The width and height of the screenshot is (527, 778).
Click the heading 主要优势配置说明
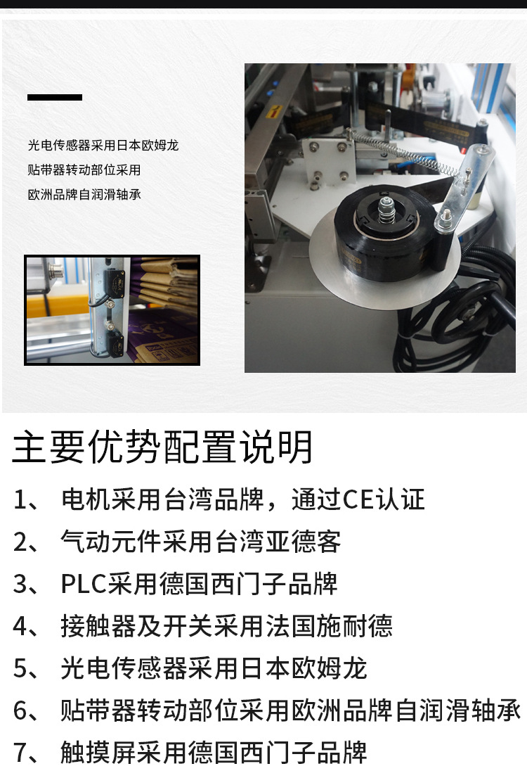pyautogui.click(x=162, y=447)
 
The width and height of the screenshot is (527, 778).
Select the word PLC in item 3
pyautogui.click(x=84, y=584)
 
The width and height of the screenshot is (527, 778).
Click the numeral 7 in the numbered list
pyautogui.click(x=21, y=753)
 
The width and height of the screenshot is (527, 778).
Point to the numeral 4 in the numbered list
pyautogui.click(x=21, y=626)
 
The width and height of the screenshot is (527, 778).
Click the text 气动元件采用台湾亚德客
pyautogui.click(x=201, y=542)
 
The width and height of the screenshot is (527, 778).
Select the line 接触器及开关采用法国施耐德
pyautogui.click(x=226, y=625)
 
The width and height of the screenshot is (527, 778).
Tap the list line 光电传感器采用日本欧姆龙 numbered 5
pyautogui.click(x=214, y=668)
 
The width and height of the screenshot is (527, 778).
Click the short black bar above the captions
pyautogui.click(x=55, y=97)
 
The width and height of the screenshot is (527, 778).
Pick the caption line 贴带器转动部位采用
pyautogui.click(x=84, y=170)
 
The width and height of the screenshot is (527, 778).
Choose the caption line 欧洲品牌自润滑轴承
pyautogui.click(x=84, y=194)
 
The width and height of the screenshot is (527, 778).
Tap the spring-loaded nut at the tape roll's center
pyautogui.click(x=386, y=210)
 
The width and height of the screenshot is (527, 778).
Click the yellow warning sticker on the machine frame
pyautogui.click(x=273, y=112)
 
